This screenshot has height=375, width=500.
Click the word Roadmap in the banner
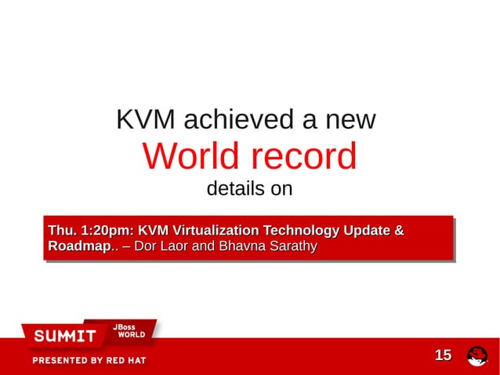(x=78, y=247)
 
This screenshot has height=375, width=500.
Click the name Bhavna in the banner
(x=241, y=247)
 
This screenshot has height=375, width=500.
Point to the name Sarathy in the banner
(x=292, y=247)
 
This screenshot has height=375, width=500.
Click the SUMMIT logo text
(x=64, y=337)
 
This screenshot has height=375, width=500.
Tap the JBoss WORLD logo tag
(x=129, y=330)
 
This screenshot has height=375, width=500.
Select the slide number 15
(x=443, y=355)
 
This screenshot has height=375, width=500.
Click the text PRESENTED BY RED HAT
(x=89, y=361)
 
